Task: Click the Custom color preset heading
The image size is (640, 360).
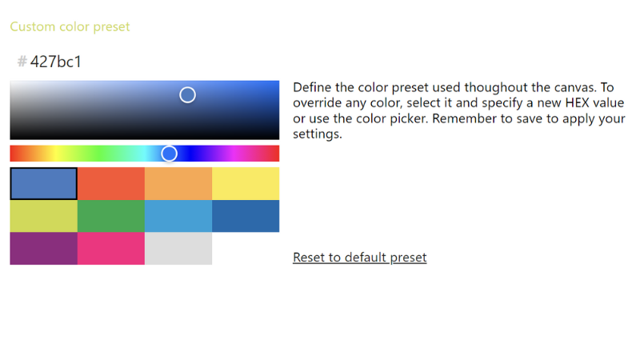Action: pos(70,27)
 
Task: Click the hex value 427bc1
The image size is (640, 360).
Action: pos(56,62)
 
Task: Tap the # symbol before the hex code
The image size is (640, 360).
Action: pos(22,62)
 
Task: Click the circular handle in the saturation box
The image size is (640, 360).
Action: pos(187,95)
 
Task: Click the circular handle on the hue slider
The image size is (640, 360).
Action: pos(169,154)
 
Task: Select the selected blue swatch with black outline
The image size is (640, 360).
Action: pos(44,183)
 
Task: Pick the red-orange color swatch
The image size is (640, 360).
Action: pos(111,183)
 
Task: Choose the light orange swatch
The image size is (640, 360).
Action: pos(178,183)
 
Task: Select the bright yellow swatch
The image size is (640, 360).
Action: pos(246,183)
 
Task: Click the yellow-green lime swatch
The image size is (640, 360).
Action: pos(44,216)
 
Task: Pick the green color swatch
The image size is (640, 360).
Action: pos(111,216)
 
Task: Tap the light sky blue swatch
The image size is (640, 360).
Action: pos(178,216)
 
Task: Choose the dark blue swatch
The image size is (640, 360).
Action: pos(246,216)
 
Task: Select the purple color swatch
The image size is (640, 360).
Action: pos(44,248)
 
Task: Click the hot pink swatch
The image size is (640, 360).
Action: pos(111,248)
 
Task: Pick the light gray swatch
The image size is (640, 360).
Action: pos(178,248)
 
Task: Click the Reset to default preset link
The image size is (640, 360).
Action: pos(359,258)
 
